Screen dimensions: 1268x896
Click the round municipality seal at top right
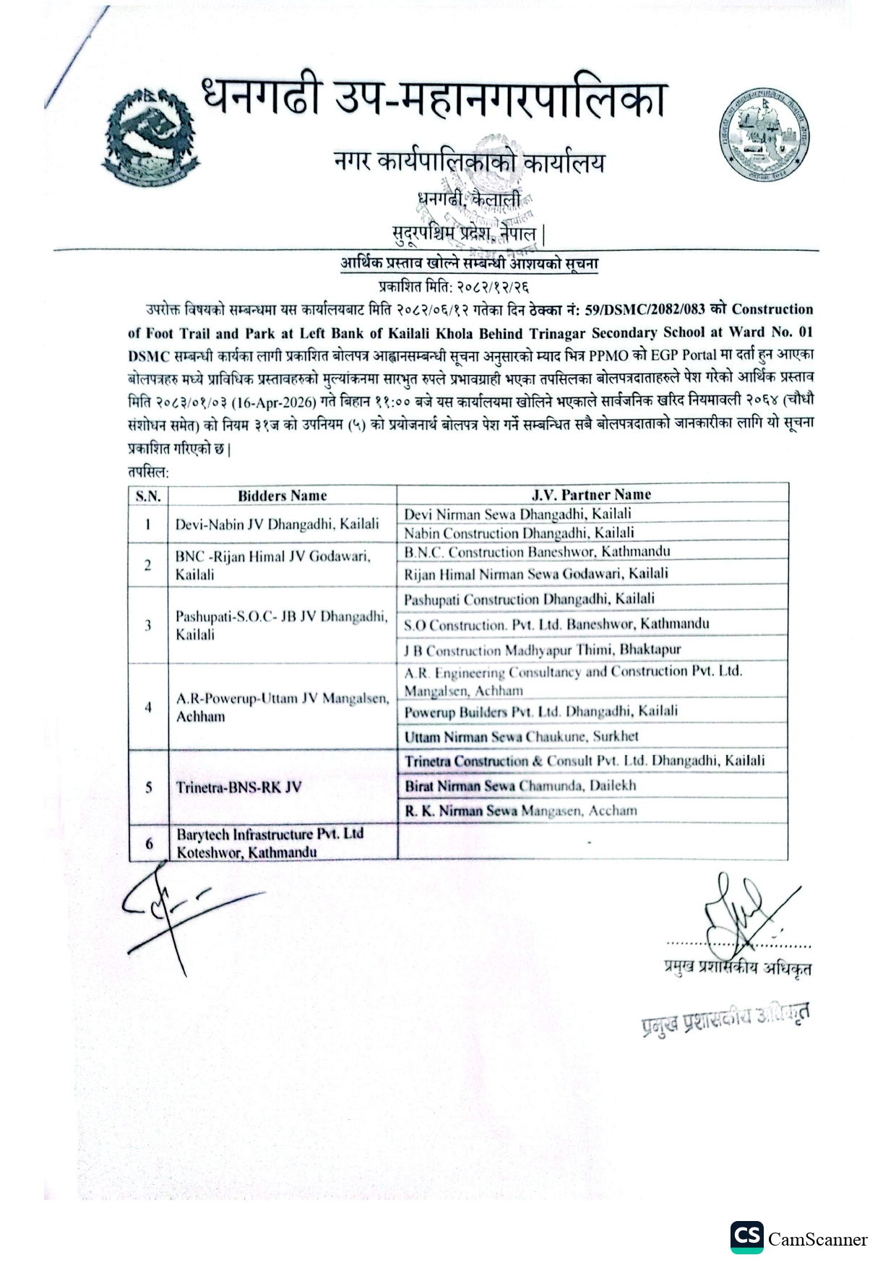tap(764, 137)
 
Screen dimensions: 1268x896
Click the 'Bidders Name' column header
tap(282, 496)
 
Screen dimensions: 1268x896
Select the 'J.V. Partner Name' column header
tap(591, 495)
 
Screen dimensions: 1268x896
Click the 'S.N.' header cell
tap(148, 496)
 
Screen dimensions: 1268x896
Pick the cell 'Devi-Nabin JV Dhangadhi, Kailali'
tap(277, 525)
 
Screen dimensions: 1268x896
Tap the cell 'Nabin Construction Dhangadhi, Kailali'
tap(519, 533)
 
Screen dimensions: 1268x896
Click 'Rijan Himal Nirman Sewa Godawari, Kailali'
tap(535, 574)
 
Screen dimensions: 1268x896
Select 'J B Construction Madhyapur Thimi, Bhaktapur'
tap(542, 650)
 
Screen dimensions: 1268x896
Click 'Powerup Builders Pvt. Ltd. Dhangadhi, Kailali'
tap(540, 712)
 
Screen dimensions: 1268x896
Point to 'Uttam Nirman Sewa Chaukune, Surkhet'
tap(521, 737)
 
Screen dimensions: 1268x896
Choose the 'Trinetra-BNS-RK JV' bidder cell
tap(238, 787)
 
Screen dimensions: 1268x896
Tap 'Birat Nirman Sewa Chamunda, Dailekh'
tap(520, 785)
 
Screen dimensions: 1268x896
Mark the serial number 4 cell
tap(148, 707)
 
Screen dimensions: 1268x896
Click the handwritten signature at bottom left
tap(181, 910)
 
